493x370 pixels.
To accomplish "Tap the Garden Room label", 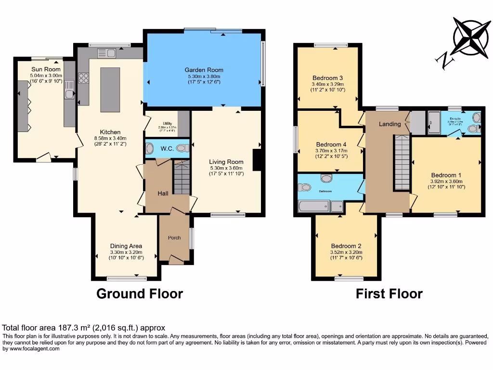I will click(x=205, y=70).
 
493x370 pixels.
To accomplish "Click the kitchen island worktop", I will click(x=107, y=90).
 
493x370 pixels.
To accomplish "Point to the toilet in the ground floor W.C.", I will click(x=182, y=148).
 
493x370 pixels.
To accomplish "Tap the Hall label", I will click(x=163, y=193).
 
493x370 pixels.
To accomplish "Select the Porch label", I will click(x=174, y=238).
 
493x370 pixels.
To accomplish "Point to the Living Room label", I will click(x=226, y=162).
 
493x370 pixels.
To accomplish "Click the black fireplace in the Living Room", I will click(x=257, y=159).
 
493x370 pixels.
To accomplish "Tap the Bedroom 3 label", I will click(x=327, y=78).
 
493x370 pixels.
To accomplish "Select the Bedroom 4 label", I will click(x=331, y=144).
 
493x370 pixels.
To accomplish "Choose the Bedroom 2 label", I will click(x=346, y=246).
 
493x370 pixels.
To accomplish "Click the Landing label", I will click(x=389, y=124).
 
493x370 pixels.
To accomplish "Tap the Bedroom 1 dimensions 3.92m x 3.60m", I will click(x=447, y=181).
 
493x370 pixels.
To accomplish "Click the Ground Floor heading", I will click(x=140, y=293).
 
